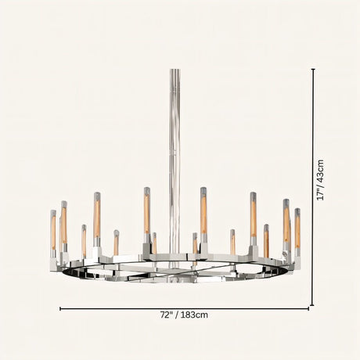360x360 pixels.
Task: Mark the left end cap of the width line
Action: [x=61, y=308]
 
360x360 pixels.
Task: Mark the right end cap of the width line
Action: [x=308, y=308]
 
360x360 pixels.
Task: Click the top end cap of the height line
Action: [x=313, y=69]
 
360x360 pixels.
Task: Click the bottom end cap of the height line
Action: [x=313, y=305]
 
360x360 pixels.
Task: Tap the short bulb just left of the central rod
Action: [x=154, y=243]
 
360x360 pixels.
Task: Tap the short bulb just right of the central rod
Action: [x=195, y=243]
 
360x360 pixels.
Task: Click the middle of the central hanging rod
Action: [x=175, y=157]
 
